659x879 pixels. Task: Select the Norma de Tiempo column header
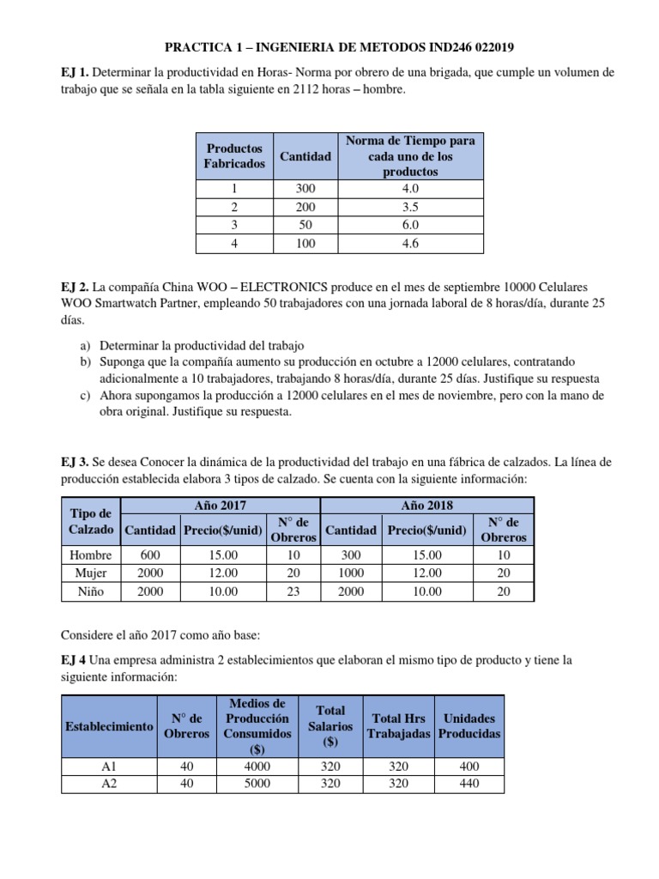pos(411,155)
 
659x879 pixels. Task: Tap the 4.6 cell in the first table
pos(411,244)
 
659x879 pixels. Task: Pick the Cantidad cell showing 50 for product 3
pos(305,225)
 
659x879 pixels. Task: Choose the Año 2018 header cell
pos(426,506)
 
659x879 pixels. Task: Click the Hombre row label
pos(90,555)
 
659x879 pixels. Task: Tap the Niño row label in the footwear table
pos(90,591)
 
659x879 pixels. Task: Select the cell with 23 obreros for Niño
pos(293,591)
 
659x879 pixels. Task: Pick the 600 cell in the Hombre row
pos(150,555)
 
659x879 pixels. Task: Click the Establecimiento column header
pos(109,726)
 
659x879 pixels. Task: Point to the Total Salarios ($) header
pos(330,725)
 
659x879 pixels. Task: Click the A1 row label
pos(109,767)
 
